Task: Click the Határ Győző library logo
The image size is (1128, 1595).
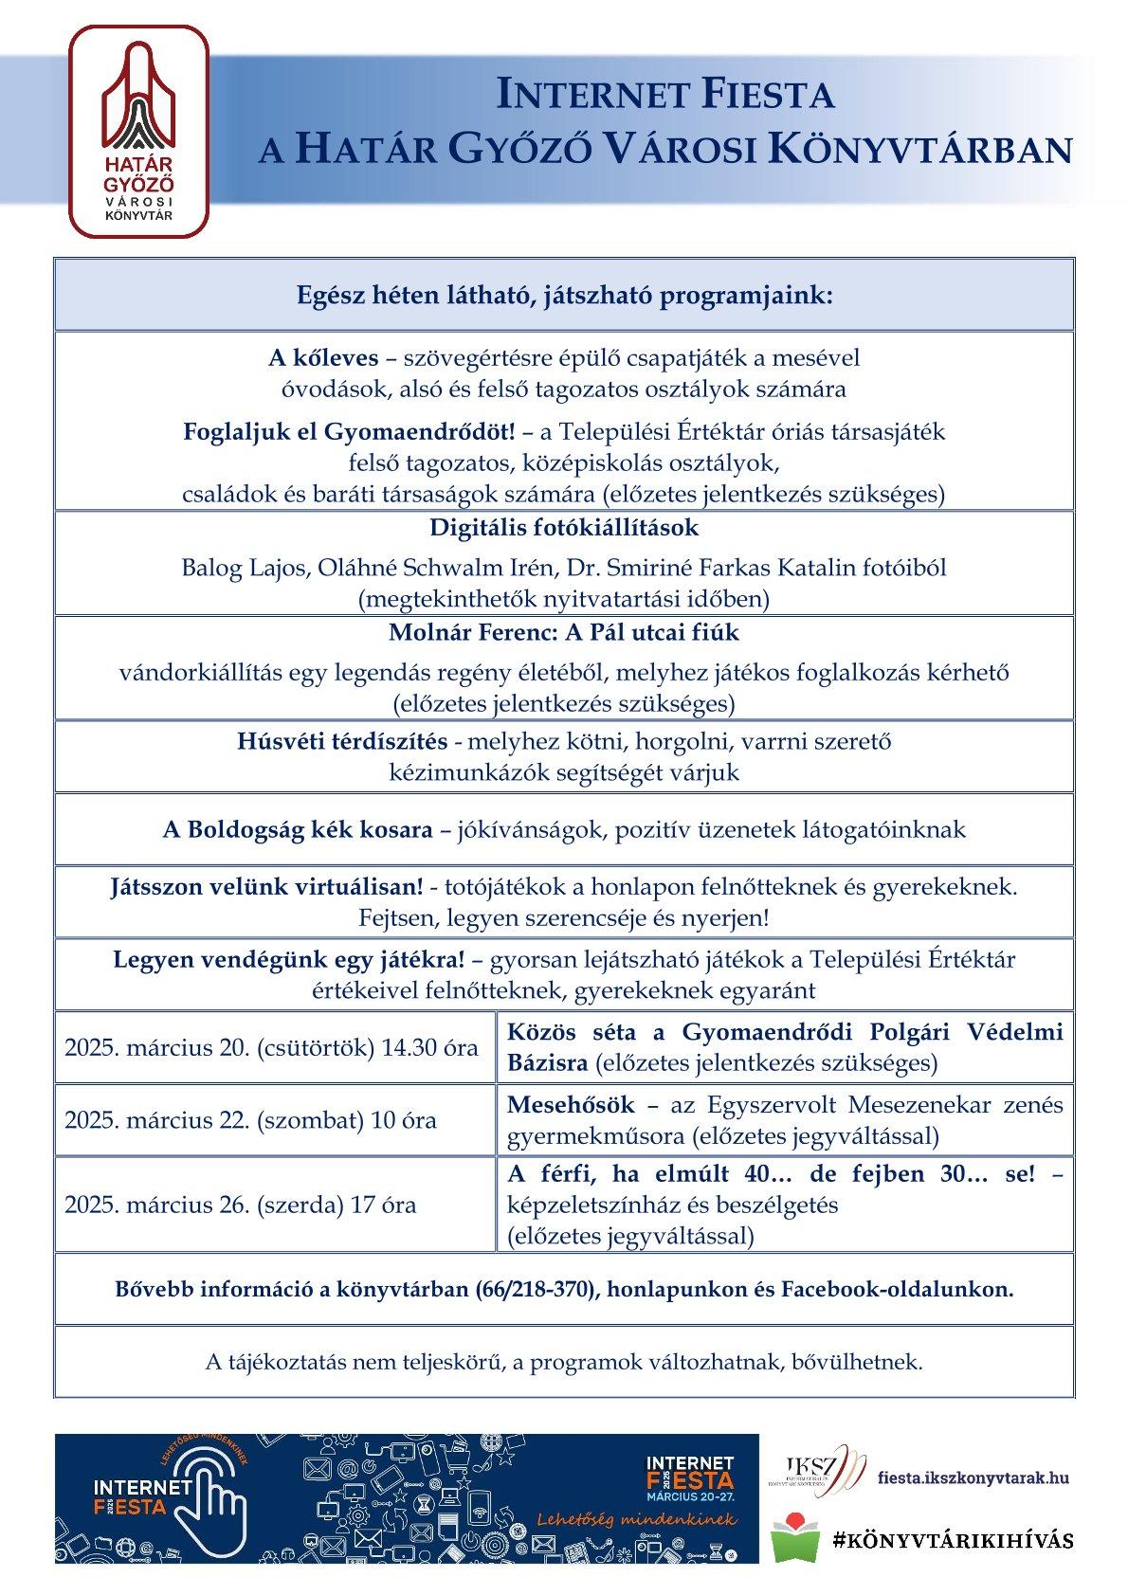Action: [x=139, y=130]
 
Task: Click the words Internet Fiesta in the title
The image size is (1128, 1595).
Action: [x=665, y=95]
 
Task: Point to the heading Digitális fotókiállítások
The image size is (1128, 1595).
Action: [x=564, y=527]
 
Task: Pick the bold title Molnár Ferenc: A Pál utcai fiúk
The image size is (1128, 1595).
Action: [x=564, y=631]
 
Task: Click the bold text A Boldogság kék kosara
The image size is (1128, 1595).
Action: [x=297, y=830]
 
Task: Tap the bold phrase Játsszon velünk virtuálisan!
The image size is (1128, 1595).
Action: [x=266, y=888]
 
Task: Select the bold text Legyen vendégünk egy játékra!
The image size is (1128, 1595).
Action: [x=289, y=959]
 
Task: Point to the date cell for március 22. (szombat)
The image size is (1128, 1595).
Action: [x=250, y=1120]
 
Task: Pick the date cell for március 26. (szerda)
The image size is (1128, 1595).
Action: [x=240, y=1205]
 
